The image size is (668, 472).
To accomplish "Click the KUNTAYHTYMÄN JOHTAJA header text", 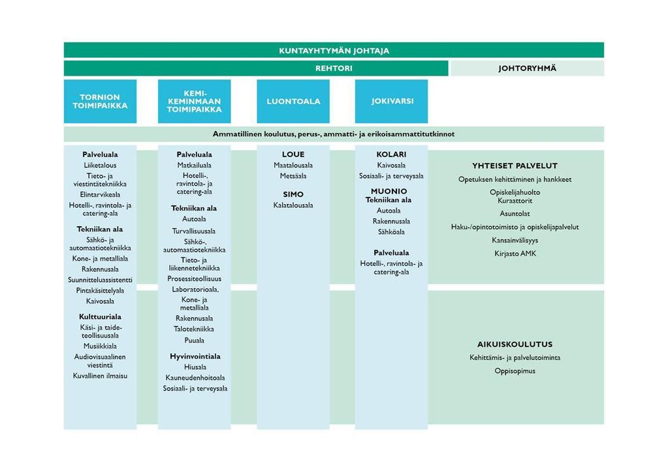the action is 334,51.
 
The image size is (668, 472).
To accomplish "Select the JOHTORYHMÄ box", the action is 527,68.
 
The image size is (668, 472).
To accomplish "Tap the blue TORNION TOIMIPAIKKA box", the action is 100,101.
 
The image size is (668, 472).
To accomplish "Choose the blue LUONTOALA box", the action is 293,101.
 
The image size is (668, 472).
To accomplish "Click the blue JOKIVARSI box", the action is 392,101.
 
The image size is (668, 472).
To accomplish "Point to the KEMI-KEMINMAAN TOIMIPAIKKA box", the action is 195,101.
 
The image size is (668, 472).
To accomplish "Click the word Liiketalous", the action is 100,165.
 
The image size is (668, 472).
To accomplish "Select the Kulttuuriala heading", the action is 100,317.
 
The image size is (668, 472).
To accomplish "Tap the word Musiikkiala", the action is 100,346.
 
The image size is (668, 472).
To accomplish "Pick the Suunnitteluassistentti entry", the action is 100,280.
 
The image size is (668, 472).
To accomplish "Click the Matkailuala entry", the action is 195,165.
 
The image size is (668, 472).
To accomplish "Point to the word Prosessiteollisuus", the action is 195,278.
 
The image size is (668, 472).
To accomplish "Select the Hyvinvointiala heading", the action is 195,357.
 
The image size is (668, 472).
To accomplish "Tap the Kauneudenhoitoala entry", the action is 195,377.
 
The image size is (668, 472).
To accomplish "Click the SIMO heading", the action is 293,194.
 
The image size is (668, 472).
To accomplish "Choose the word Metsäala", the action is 293,175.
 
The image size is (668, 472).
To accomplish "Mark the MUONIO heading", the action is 389,192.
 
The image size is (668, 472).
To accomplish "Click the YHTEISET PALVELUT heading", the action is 515,166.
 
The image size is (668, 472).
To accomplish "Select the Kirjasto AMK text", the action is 515,254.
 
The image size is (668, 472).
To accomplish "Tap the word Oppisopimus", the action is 515,371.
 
